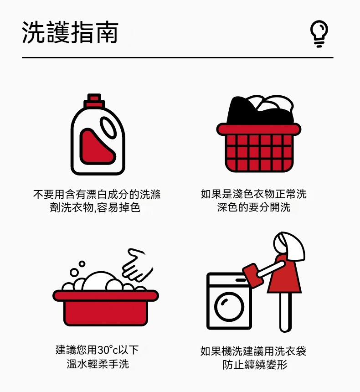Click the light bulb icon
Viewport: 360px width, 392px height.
pos(319,34)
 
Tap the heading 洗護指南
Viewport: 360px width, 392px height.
pos(70,32)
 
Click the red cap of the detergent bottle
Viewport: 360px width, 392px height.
pos(94,100)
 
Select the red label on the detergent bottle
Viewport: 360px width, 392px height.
pos(97,147)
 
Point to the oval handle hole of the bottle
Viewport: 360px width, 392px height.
pos(108,128)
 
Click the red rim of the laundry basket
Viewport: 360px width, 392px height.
pos(259,129)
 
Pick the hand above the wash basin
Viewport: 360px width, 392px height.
pos(137,265)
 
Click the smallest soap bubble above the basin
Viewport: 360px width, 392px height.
pos(82,264)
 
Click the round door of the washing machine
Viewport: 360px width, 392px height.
pos(229,306)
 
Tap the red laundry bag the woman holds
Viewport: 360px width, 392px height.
pos(253,275)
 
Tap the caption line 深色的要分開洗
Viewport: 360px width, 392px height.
pos(254,207)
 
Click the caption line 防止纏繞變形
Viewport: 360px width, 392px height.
pos(255,365)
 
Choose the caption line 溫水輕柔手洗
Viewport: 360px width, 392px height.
pos(98,364)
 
